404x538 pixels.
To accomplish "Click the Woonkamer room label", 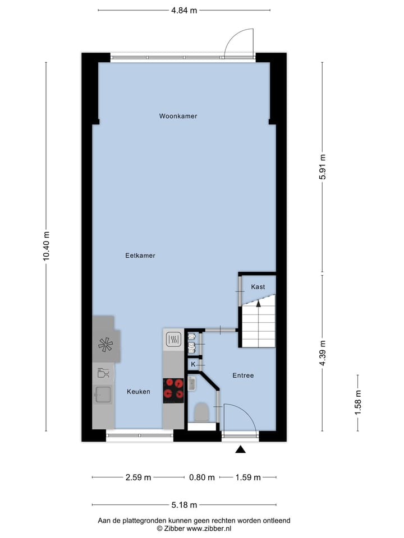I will point(178,116).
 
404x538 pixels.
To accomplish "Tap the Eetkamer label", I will point(140,255).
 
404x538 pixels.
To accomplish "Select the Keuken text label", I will point(138,392).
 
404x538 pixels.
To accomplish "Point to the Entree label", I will point(242,375).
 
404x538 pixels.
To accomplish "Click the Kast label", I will point(258,286).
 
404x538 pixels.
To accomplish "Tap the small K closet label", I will point(193,364).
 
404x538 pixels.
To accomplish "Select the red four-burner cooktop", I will point(173,390).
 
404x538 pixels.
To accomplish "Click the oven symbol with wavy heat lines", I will point(173,338).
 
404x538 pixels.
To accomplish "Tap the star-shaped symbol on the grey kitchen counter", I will point(105,345).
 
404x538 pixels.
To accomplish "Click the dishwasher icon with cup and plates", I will point(103,372).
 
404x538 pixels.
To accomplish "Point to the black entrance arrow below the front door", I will point(241,449).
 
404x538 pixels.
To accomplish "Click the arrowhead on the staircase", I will point(258,304).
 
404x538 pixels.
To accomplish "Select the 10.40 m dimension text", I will point(46,246).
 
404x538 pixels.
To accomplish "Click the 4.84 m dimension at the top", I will point(184,10).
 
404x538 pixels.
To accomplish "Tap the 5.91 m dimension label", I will point(322,166).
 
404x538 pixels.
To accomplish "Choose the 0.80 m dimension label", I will point(202,477).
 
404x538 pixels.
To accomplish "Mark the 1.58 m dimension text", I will point(358,402).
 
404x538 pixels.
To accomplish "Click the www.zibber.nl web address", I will point(209,528).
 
